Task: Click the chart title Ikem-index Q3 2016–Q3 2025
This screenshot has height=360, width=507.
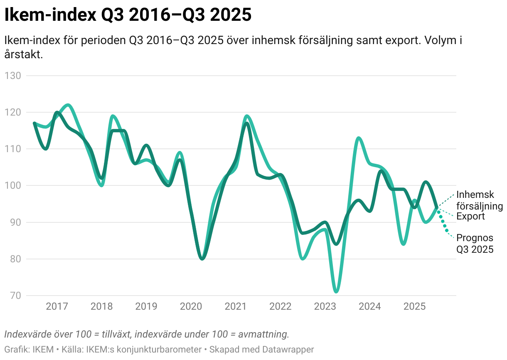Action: (x=128, y=15)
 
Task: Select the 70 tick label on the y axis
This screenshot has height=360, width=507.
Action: (x=15, y=296)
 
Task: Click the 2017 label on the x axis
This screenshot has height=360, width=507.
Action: (x=57, y=307)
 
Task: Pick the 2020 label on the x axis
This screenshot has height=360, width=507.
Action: (x=191, y=307)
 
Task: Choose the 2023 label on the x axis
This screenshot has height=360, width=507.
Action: (x=325, y=307)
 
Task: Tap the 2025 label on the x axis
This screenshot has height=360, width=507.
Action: (x=414, y=307)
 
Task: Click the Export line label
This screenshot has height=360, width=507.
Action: (x=470, y=216)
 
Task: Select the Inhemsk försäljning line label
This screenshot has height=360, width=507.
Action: (x=479, y=200)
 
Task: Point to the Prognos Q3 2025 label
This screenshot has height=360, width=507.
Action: (x=475, y=244)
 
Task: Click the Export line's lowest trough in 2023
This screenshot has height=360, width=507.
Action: (x=336, y=292)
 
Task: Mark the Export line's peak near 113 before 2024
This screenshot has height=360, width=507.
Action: (x=358, y=138)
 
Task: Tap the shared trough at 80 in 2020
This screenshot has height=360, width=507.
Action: (x=202, y=259)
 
